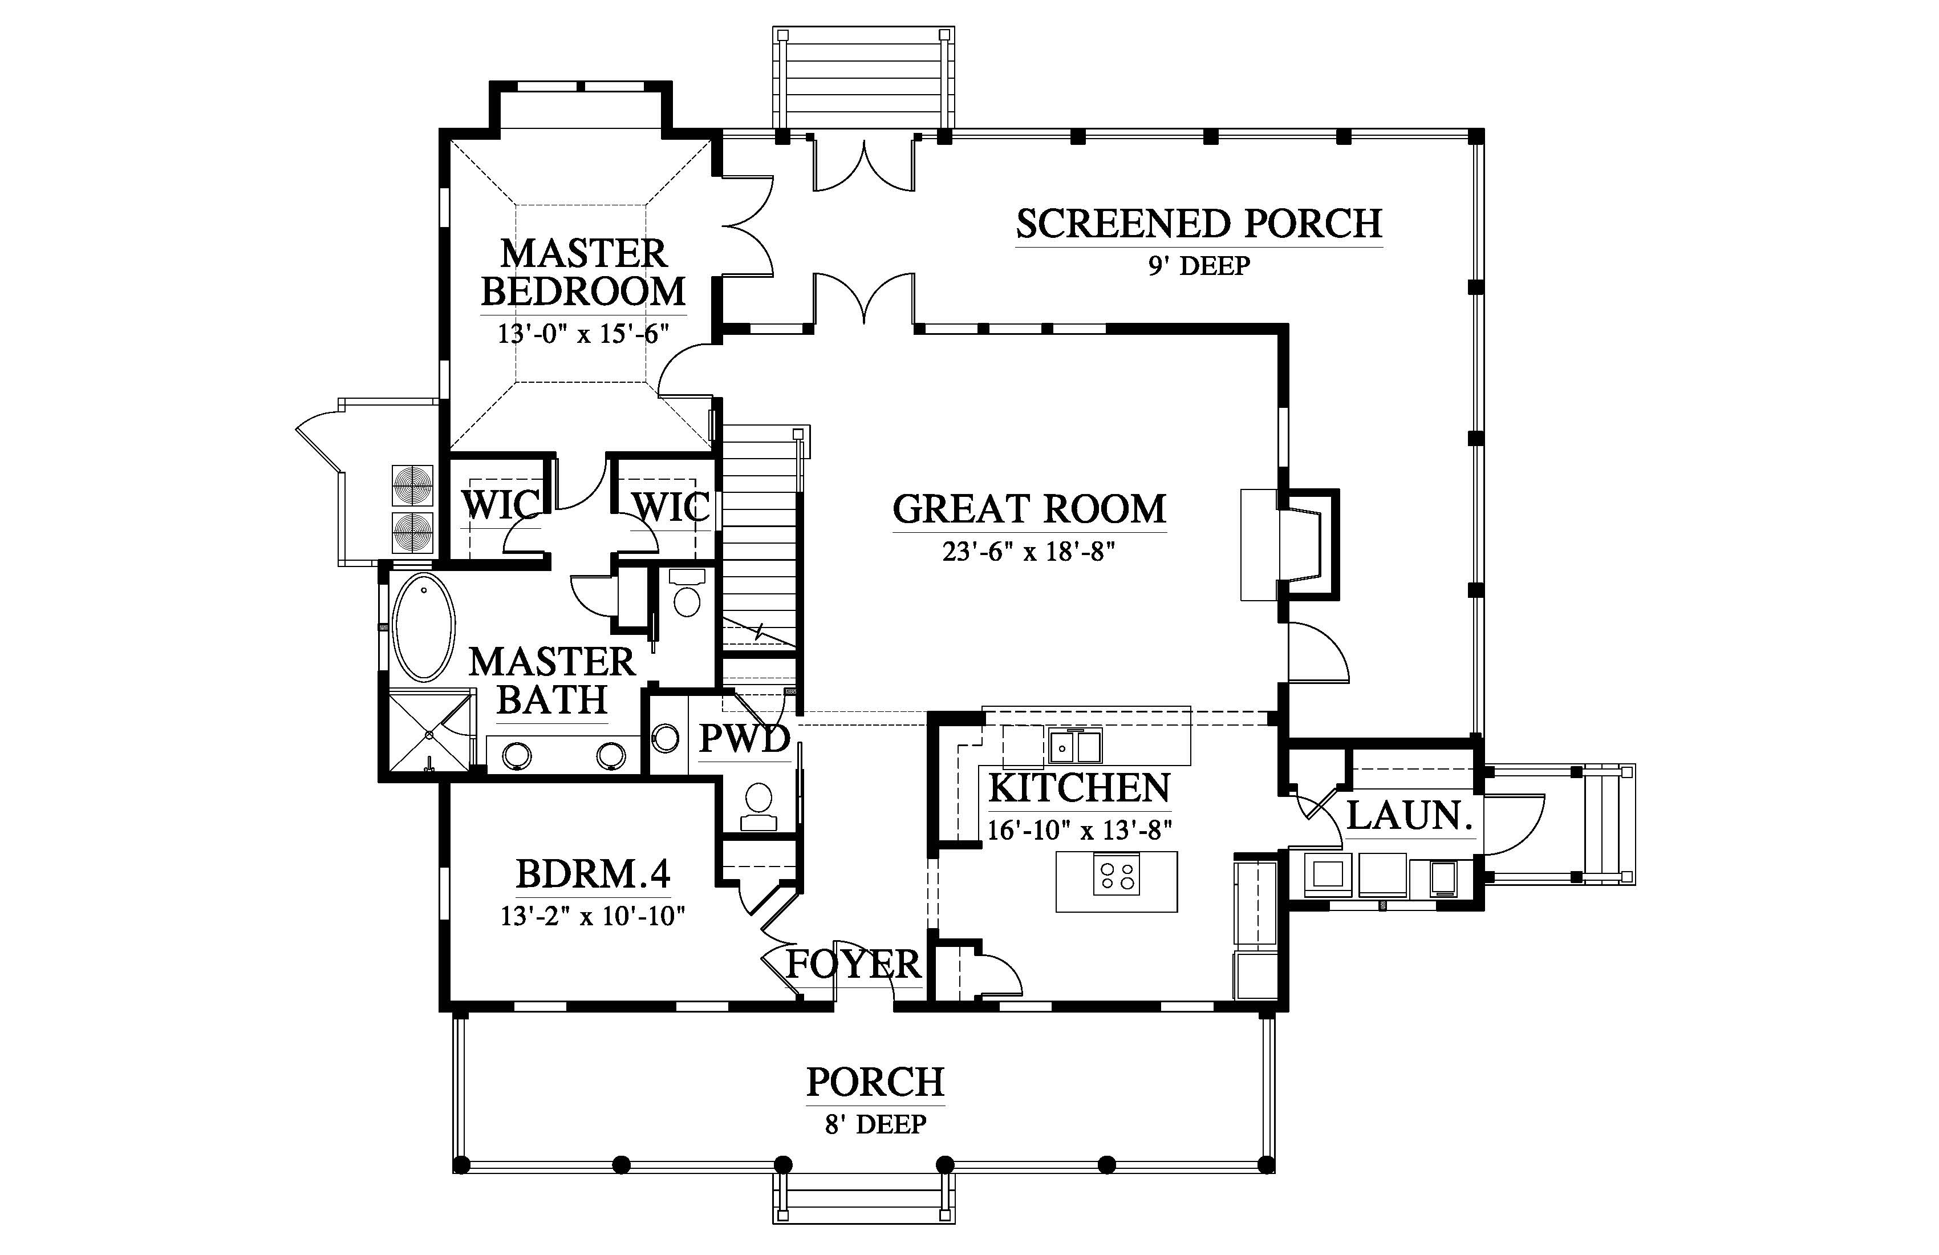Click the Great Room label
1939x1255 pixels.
pos(1029,509)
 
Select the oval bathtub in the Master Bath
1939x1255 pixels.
pos(424,627)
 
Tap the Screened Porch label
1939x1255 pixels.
pos(1198,224)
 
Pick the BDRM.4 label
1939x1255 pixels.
pos(593,875)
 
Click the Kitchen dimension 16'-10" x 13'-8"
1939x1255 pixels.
pos(1080,831)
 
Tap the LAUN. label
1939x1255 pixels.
pos(1409,816)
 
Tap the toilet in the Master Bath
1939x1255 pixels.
pos(687,593)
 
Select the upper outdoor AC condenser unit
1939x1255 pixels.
pos(413,487)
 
